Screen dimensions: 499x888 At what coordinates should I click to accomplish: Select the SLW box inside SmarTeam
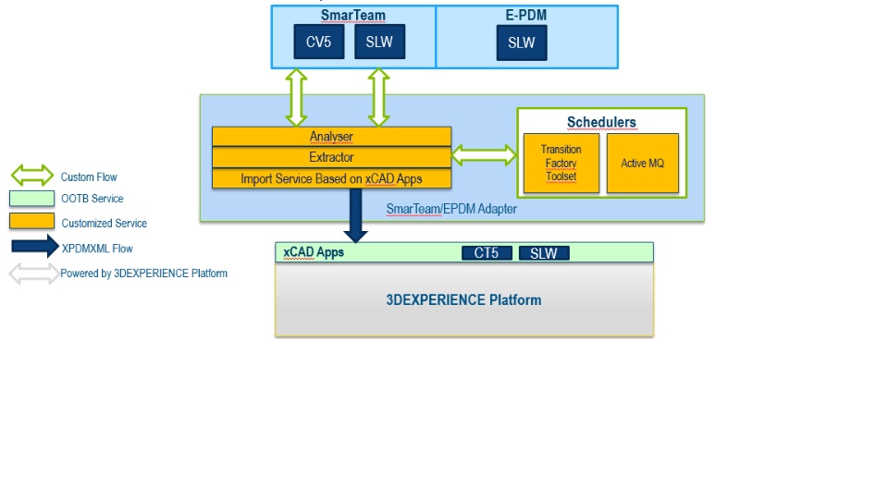pyautogui.click(x=379, y=42)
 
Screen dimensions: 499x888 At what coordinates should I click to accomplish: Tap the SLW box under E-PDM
pyautogui.click(x=522, y=43)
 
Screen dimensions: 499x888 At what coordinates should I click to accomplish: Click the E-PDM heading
pyautogui.click(x=525, y=15)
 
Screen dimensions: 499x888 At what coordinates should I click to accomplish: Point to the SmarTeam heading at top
pyautogui.click(x=352, y=15)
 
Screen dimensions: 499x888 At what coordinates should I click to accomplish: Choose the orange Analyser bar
pyautogui.click(x=331, y=137)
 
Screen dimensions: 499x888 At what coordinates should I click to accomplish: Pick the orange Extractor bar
pyautogui.click(x=331, y=157)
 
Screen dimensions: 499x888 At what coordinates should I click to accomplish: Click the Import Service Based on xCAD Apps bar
pyautogui.click(x=331, y=178)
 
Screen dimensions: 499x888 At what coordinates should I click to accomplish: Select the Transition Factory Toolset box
pyautogui.click(x=561, y=164)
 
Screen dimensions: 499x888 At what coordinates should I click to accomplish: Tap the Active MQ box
pyautogui.click(x=643, y=164)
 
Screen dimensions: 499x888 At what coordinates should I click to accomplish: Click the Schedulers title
pyautogui.click(x=601, y=122)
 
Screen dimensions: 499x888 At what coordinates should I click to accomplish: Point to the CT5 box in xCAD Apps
pyautogui.click(x=487, y=253)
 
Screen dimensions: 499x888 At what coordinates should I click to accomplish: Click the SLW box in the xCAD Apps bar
pyautogui.click(x=544, y=253)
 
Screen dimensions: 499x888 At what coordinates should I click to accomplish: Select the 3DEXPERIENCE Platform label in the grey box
pyautogui.click(x=463, y=299)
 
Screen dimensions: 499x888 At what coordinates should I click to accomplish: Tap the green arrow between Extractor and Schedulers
pyautogui.click(x=484, y=156)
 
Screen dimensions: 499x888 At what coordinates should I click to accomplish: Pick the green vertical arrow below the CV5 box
pyautogui.click(x=296, y=97)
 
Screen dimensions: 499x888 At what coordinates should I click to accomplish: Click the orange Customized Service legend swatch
pyautogui.click(x=31, y=222)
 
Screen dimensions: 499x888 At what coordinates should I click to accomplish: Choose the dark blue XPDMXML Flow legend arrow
pyautogui.click(x=35, y=248)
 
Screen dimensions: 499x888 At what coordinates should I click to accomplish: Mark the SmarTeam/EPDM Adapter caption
pyautogui.click(x=451, y=209)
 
